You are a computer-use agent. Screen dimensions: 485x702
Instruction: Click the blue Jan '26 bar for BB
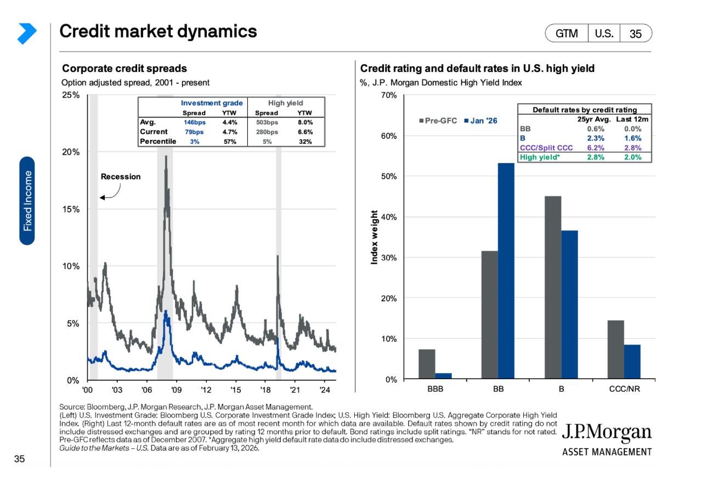pyautogui.click(x=506, y=271)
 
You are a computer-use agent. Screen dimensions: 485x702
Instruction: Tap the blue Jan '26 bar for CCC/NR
pyautogui.click(x=632, y=362)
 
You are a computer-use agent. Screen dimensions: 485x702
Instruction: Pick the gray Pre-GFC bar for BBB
pyautogui.click(x=427, y=364)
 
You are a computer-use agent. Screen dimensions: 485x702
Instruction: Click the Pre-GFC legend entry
pyautogui.click(x=438, y=121)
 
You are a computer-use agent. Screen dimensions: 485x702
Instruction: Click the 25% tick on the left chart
pyautogui.click(x=72, y=95)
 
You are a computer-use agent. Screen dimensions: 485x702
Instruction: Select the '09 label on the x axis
pyautogui.click(x=175, y=390)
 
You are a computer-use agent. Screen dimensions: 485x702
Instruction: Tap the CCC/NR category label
pyautogui.click(x=624, y=390)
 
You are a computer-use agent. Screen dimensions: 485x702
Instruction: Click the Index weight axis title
pyautogui.click(x=375, y=237)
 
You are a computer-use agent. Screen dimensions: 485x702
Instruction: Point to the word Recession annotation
pyautogui.click(x=121, y=177)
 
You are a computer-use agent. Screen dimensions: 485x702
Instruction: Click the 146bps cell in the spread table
pyautogui.click(x=194, y=122)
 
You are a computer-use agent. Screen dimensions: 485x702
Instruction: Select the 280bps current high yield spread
pyautogui.click(x=267, y=132)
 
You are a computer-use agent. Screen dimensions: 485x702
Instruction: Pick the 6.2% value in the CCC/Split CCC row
pyautogui.click(x=597, y=148)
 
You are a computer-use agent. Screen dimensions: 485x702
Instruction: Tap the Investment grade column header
pyautogui.click(x=207, y=103)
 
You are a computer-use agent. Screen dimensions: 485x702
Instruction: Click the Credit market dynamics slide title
pyautogui.click(x=158, y=32)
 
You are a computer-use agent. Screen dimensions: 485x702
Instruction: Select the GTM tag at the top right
pyautogui.click(x=567, y=33)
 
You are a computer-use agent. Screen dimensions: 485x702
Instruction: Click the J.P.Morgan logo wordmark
pyautogui.click(x=606, y=433)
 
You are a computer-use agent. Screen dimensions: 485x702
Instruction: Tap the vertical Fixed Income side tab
pyautogui.click(x=27, y=201)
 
